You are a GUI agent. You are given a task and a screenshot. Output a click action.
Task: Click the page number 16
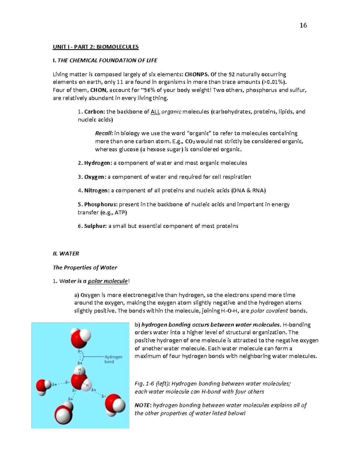click(303, 25)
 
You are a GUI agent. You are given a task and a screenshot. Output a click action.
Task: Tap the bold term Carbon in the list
click(94, 112)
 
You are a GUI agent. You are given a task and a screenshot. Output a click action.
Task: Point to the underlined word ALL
click(155, 112)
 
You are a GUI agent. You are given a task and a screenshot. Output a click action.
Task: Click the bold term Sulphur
click(95, 226)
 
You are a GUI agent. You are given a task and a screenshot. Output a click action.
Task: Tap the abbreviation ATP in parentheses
click(121, 212)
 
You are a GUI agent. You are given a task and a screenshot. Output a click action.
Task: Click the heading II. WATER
click(66, 254)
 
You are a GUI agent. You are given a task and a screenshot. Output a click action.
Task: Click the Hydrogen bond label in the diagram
click(113, 359)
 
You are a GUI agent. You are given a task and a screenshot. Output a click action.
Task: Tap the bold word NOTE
click(142, 405)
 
